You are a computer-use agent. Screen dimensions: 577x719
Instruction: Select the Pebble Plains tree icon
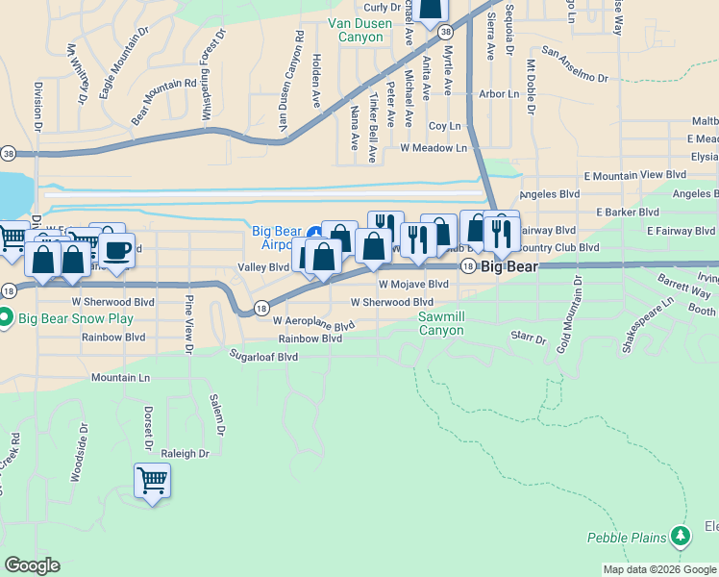pos(681,535)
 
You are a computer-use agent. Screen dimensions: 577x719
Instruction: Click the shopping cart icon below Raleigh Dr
pos(153,479)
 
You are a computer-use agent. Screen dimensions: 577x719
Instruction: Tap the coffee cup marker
pos(116,251)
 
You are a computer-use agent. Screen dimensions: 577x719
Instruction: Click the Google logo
pos(33,565)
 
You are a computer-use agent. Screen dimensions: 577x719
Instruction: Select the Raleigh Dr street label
pos(185,454)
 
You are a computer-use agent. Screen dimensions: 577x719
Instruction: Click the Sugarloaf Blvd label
pos(263,356)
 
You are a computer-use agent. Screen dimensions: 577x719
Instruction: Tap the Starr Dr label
pos(529,339)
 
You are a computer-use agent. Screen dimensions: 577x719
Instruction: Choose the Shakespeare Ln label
pos(647,325)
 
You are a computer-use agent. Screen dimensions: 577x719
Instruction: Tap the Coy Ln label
pos(445,126)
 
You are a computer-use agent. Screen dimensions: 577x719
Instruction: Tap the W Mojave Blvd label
pos(413,285)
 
